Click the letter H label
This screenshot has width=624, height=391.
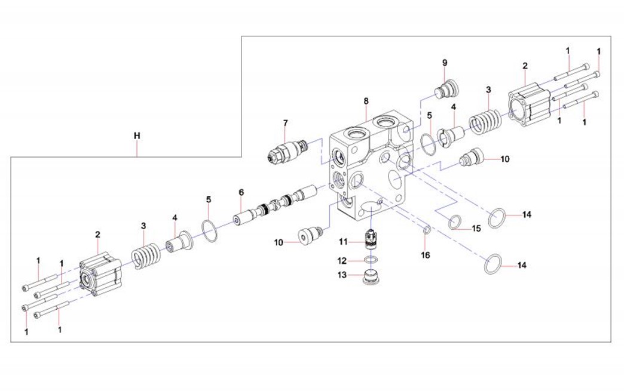[137, 136]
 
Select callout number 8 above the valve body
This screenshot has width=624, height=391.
[366, 101]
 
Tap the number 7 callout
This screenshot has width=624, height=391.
[285, 123]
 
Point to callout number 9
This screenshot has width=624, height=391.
[445, 63]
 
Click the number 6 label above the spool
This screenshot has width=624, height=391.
[241, 192]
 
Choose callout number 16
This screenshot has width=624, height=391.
[425, 255]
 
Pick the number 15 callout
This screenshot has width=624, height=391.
[476, 229]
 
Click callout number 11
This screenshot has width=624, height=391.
[343, 241]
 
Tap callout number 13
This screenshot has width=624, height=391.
[342, 275]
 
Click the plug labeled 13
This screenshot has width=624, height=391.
[372, 278]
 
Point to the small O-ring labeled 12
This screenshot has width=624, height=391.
[371, 260]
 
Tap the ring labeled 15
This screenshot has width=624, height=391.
[455, 223]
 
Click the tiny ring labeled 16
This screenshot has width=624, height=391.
[425, 229]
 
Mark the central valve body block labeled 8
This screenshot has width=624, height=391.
[371, 167]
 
